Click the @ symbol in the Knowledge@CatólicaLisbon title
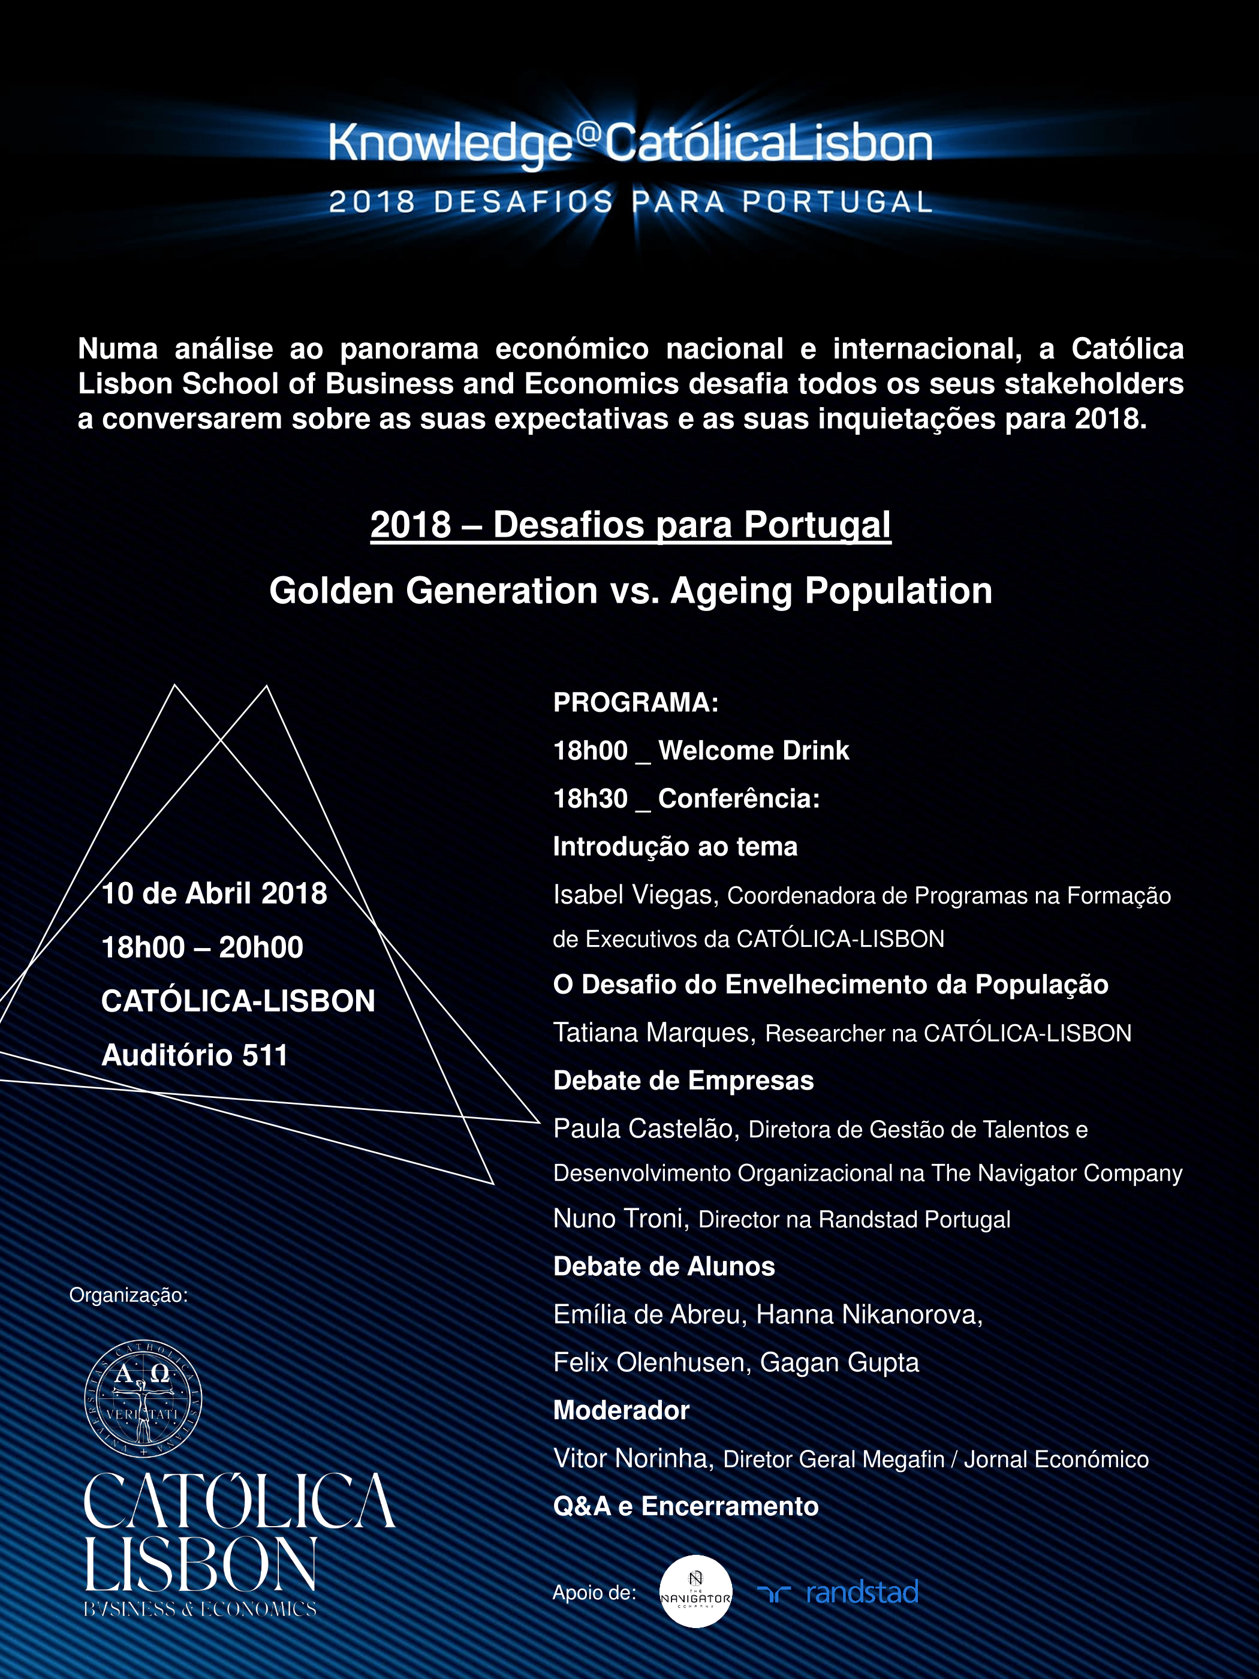pos(589,134)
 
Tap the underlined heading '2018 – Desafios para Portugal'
pos(630,525)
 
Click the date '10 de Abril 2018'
pos(214,893)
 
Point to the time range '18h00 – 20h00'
pos(202,947)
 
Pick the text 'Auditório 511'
pos(194,1055)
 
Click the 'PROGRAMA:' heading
pos(635,702)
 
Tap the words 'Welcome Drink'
pos(753,751)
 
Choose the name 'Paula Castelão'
pos(645,1129)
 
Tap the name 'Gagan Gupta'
pos(839,1362)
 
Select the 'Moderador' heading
pos(621,1410)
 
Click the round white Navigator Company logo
pos(695,1591)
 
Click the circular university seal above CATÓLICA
pos(143,1399)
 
